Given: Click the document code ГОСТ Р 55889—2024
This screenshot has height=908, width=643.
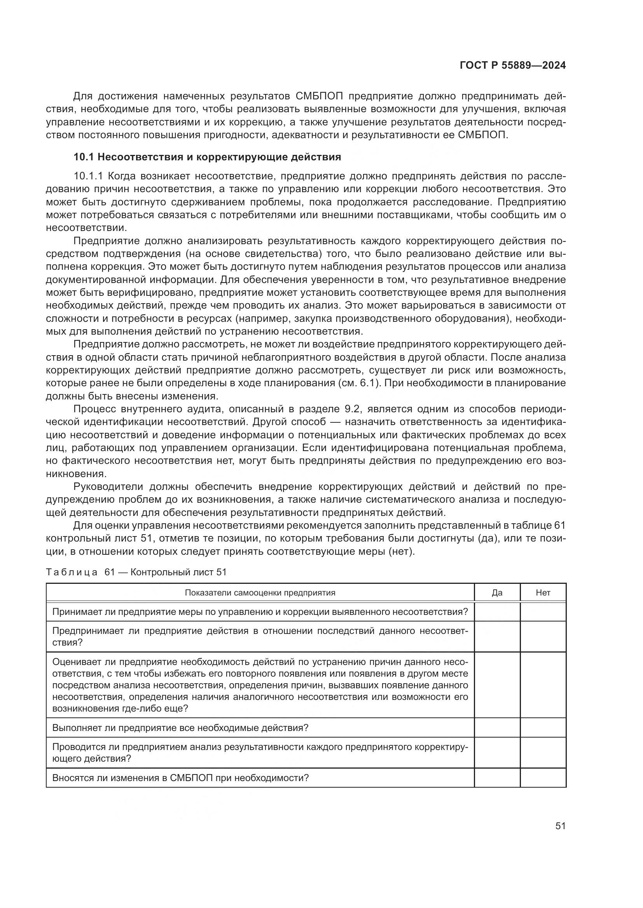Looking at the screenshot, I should tap(512, 66).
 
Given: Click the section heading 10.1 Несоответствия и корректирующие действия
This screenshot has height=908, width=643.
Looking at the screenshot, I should tap(207, 157).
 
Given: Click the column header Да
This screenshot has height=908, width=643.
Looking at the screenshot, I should tap(497, 592).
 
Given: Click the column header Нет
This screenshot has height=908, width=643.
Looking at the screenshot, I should tap(543, 592).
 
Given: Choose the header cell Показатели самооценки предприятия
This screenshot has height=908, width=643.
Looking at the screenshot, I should tap(260, 592).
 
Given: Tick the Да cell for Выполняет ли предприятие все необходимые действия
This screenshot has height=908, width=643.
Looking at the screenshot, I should tap(497, 727).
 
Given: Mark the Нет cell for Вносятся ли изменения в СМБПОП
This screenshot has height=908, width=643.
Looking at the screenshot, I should tap(543, 778).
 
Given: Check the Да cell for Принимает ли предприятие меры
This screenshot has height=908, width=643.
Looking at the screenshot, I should tap(497, 612).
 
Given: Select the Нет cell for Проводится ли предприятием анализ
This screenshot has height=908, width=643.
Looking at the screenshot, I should tap(543, 753).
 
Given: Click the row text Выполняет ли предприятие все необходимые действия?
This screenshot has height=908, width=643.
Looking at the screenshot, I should tap(180, 727).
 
